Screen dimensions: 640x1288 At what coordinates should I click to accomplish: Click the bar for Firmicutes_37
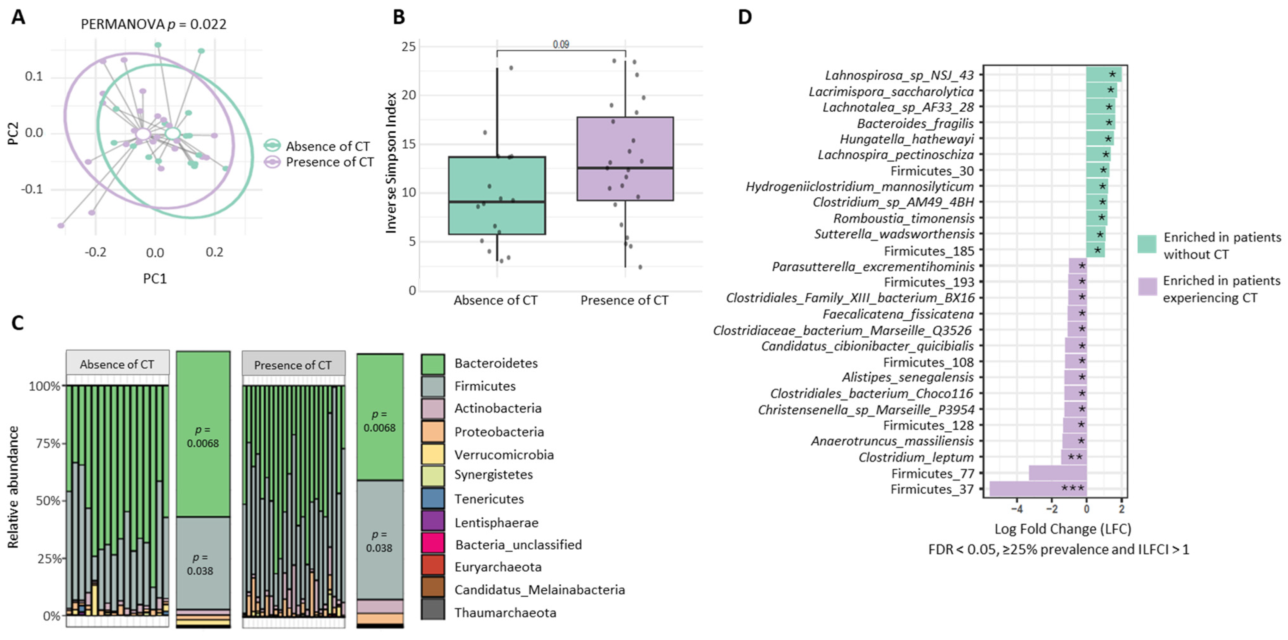pyautogui.click(x=1037, y=489)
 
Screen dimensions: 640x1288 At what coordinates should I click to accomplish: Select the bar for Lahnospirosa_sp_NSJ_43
pyautogui.click(x=1103, y=75)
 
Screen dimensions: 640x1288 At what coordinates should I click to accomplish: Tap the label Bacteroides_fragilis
pyautogui.click(x=915, y=123)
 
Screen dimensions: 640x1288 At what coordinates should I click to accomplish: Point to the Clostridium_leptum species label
pyautogui.click(x=916, y=457)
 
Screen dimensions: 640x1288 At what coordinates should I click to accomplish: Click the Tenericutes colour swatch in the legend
pyautogui.click(x=432, y=498)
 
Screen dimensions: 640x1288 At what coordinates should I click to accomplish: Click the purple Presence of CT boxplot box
pyautogui.click(x=625, y=159)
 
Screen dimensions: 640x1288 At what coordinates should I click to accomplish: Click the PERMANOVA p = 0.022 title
pyautogui.click(x=154, y=24)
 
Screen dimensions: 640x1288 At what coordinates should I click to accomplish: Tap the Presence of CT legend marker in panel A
pyautogui.click(x=272, y=162)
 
